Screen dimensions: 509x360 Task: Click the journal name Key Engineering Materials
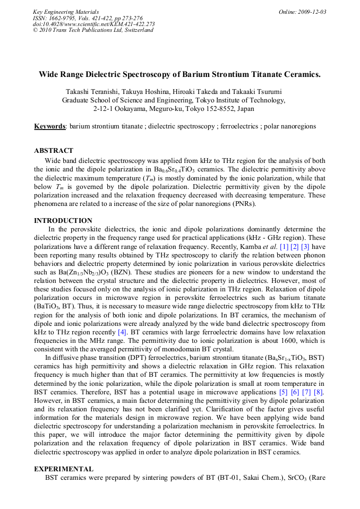click(x=65, y=12)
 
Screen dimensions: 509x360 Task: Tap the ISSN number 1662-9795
click(x=63, y=18)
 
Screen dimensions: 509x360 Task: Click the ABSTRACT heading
click(x=54, y=151)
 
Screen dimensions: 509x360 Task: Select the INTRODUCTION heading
click(x=63, y=221)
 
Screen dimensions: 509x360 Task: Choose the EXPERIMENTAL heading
click(x=64, y=469)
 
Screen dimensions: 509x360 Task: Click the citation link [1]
click(x=284, y=246)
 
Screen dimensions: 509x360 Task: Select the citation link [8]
click(x=319, y=392)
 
